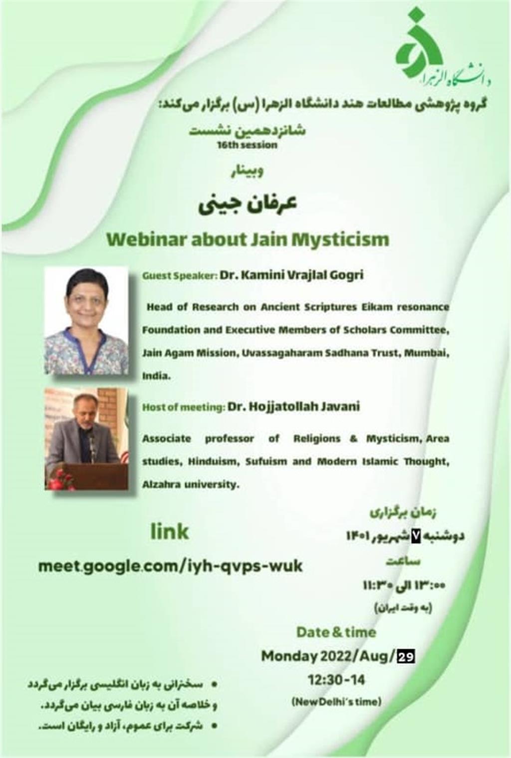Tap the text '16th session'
[x=248, y=145]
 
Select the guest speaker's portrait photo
[x=87, y=320]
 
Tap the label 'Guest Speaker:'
[x=179, y=276]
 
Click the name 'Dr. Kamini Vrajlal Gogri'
[x=292, y=275]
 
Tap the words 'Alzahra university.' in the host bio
[x=191, y=485]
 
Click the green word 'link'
[x=170, y=531]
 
